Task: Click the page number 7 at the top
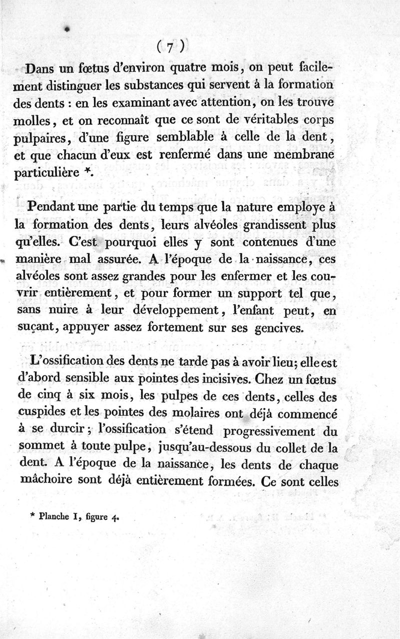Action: (x=170, y=48)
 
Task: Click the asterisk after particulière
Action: (x=87, y=172)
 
